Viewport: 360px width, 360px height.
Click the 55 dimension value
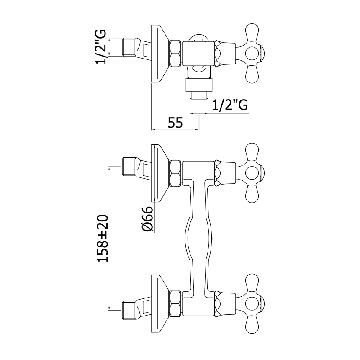[x=175, y=123]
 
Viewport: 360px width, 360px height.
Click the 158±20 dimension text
[x=103, y=239]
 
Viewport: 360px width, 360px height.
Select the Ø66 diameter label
[x=147, y=219]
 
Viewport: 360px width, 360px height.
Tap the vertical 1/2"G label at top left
[x=100, y=47]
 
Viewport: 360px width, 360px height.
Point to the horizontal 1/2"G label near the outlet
[x=230, y=105]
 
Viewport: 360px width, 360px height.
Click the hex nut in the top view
[x=175, y=53]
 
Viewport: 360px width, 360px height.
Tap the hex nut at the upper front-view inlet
[x=175, y=173]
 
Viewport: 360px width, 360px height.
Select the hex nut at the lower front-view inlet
[x=175, y=303]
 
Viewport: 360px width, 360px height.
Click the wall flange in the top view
[x=159, y=53]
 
